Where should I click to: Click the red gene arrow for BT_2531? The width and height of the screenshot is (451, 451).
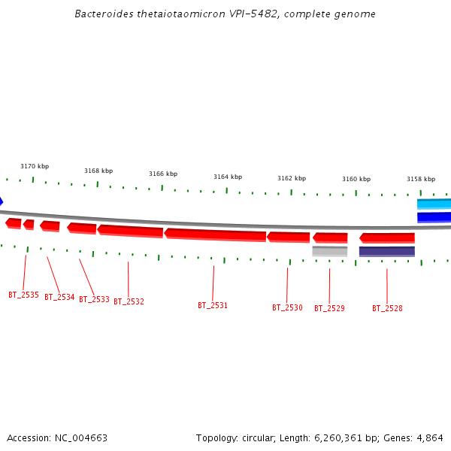215,235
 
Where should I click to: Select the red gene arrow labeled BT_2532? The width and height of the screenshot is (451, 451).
130,230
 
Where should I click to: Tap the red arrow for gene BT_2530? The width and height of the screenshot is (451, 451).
288,237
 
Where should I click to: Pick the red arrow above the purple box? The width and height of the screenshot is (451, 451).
387,238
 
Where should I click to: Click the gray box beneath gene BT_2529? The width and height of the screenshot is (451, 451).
330,251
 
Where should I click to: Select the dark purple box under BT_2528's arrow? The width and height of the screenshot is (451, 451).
387,251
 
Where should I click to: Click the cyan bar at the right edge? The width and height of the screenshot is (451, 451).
434,204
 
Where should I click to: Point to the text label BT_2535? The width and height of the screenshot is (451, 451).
23,295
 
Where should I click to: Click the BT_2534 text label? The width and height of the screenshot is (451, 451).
59,297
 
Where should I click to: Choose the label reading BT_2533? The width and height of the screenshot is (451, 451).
94,299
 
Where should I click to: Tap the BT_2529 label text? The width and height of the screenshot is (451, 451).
329,308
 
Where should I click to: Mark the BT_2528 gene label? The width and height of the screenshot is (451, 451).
387,308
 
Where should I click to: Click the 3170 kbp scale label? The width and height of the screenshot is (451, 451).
35,166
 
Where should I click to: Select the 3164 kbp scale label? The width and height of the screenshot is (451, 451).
228,177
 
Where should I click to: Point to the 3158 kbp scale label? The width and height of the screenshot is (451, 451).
421,179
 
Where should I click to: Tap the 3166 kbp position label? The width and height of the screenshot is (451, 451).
163,174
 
